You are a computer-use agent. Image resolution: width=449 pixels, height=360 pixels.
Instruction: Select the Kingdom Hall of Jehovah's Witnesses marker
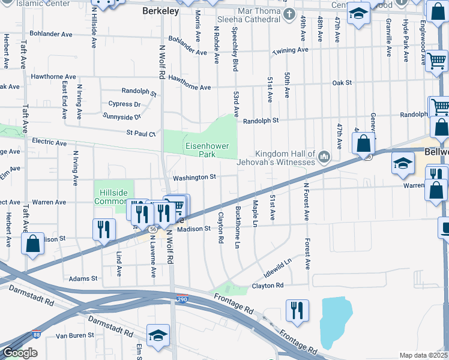point(324,157)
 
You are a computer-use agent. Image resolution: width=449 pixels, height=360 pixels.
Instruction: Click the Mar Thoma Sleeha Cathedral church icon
point(289,14)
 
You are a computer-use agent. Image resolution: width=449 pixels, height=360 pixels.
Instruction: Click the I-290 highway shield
point(182,298)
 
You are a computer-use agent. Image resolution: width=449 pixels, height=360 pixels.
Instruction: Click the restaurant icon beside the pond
point(297,310)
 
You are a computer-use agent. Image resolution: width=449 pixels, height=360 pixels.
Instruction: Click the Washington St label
point(194,178)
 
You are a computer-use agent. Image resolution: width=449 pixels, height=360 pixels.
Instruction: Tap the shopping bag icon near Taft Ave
point(32,244)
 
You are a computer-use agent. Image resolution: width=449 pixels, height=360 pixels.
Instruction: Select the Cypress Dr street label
point(124,104)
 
